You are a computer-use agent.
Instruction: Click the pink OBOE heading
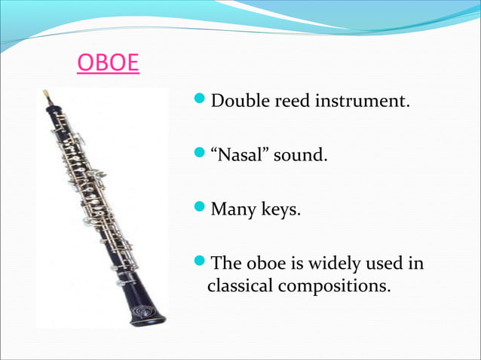(x=108, y=63)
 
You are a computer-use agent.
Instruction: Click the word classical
(x=240, y=286)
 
